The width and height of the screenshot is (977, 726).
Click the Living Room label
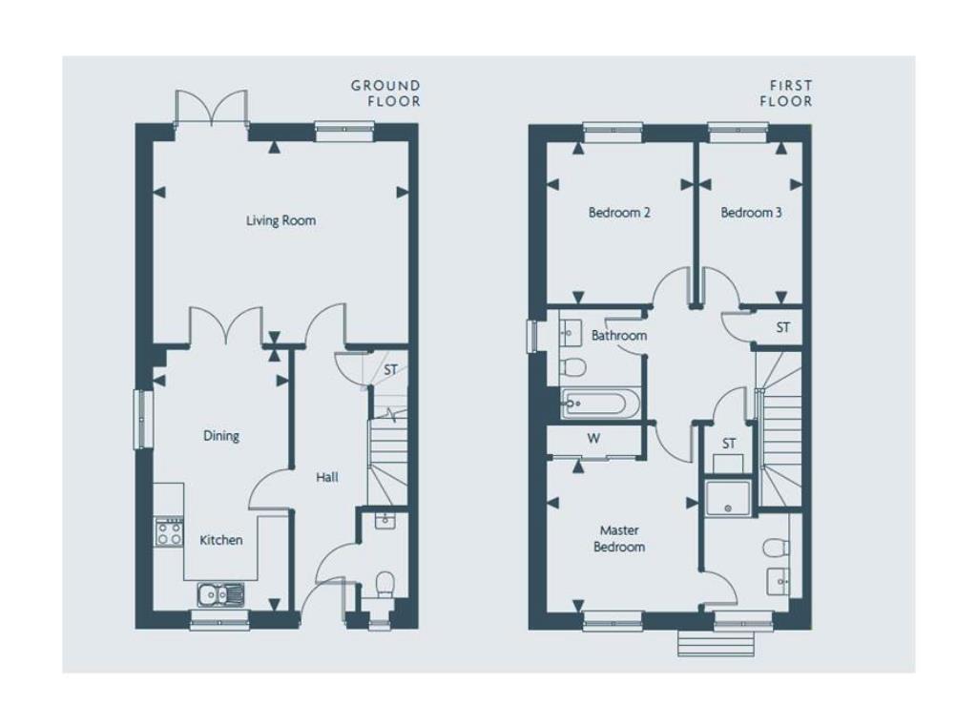click(281, 220)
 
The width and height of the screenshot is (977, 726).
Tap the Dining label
click(221, 436)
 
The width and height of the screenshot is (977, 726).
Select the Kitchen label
click(221, 540)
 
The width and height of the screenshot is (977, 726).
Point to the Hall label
click(327, 477)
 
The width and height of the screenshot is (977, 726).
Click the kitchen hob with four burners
click(170, 532)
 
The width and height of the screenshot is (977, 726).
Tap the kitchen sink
click(221, 594)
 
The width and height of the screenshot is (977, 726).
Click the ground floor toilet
click(385, 585)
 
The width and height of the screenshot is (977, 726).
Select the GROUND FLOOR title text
click(385, 93)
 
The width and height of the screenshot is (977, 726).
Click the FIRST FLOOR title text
click(786, 93)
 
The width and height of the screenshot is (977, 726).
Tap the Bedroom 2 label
click(619, 213)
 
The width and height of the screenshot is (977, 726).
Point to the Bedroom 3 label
click(751, 213)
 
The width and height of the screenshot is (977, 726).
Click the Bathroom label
click(618, 335)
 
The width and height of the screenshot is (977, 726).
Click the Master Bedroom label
click(619, 538)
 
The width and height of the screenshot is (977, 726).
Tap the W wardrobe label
click(593, 438)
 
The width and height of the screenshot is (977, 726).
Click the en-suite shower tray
click(728, 497)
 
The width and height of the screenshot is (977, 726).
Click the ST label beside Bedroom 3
click(783, 327)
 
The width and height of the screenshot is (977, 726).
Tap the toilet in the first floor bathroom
click(572, 367)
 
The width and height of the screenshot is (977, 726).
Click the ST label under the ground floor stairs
click(390, 370)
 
